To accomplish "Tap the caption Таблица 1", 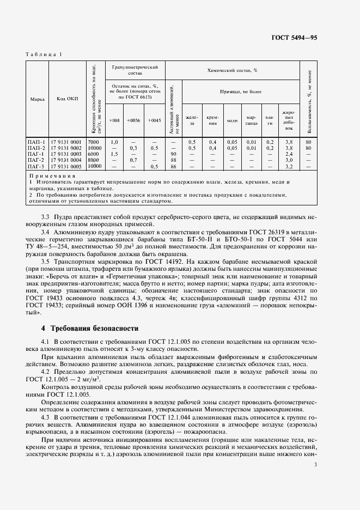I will [44, 54].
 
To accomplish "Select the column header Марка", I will [37, 99].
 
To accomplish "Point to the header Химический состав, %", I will [232, 70].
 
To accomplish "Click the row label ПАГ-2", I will [36, 160].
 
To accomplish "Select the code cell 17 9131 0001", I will [66, 142].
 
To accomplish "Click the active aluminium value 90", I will [173, 154].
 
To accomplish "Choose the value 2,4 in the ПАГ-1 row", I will [289, 154].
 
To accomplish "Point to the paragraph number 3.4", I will [46, 232].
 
